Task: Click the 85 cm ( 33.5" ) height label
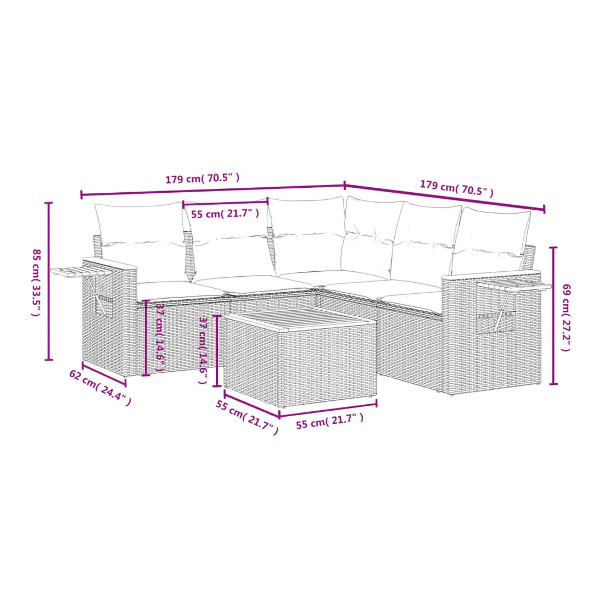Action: click(x=36, y=282)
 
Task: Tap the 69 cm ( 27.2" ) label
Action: click(x=566, y=317)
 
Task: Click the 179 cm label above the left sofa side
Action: click(x=202, y=178)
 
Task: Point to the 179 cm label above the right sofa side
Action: click(x=456, y=188)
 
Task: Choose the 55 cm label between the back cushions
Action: click(x=225, y=214)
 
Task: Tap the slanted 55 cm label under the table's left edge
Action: click(x=247, y=417)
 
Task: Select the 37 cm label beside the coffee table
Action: click(x=203, y=350)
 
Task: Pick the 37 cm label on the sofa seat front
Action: click(x=160, y=336)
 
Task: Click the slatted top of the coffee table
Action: click(x=300, y=317)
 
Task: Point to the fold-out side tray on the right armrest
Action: click(x=514, y=286)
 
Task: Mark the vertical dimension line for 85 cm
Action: click(x=49, y=281)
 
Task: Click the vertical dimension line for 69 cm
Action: click(x=553, y=316)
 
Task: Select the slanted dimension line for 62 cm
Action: click(x=104, y=374)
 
